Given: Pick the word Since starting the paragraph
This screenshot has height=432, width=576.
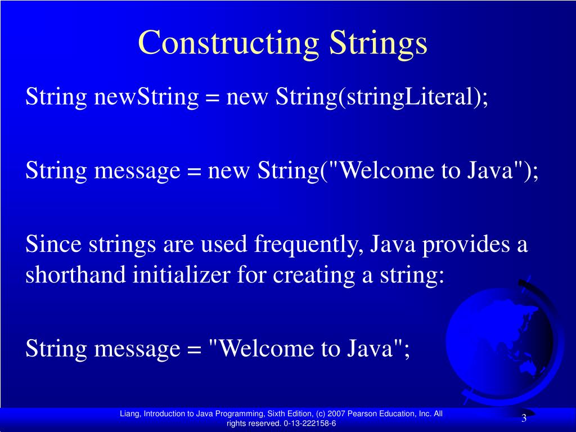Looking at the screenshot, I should (x=53, y=245).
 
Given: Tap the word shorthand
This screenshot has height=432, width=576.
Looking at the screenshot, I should (x=75, y=275).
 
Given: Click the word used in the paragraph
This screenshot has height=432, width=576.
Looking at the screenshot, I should (x=225, y=246).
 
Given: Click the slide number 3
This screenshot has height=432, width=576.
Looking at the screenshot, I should (x=524, y=418).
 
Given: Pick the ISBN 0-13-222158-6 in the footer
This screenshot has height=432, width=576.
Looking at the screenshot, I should (x=309, y=424).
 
